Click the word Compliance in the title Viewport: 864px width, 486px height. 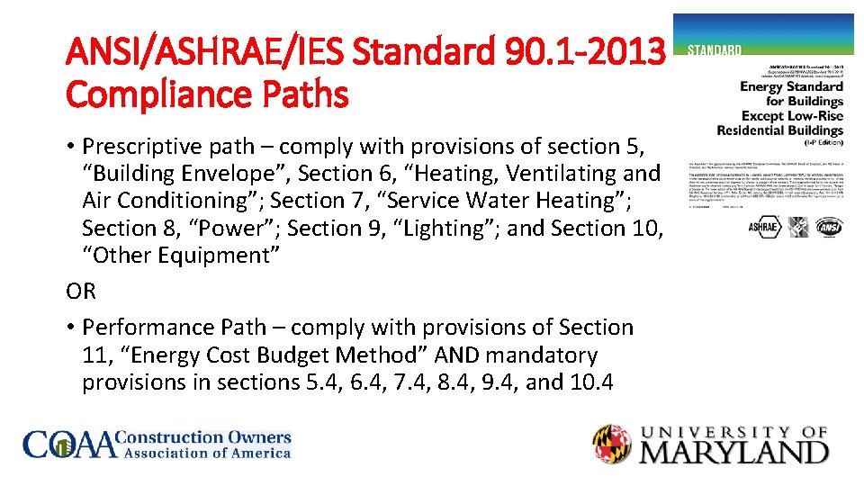(145, 94)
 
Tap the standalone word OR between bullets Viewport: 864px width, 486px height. (81, 292)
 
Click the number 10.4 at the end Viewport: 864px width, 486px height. (590, 382)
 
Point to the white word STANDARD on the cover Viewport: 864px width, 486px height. (715, 49)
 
